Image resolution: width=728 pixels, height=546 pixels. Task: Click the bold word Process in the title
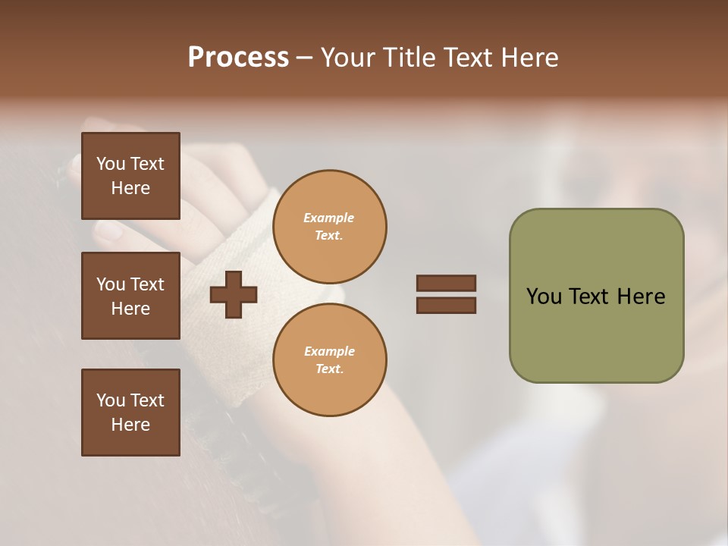(x=238, y=58)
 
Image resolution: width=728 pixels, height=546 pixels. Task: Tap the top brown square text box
(x=130, y=176)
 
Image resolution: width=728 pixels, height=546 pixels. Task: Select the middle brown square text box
(x=130, y=296)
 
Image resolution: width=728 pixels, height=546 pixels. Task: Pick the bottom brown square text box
(x=130, y=413)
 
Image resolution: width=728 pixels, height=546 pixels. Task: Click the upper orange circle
(x=329, y=226)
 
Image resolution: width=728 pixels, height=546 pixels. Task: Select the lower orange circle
(x=329, y=359)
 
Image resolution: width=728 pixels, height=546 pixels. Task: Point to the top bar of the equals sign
(x=446, y=283)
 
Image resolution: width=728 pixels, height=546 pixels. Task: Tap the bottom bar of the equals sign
(x=446, y=306)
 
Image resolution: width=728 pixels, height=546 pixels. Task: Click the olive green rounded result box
(x=596, y=296)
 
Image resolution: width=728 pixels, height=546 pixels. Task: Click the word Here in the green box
(x=641, y=297)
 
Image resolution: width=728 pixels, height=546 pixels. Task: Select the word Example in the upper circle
(x=329, y=218)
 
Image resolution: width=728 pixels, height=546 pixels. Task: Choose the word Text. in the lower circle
(x=329, y=369)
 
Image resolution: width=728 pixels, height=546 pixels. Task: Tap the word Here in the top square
(x=130, y=188)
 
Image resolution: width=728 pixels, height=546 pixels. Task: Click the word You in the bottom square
(x=111, y=400)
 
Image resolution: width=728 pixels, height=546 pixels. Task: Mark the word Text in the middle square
(x=147, y=284)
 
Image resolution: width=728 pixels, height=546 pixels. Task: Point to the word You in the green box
(x=544, y=297)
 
